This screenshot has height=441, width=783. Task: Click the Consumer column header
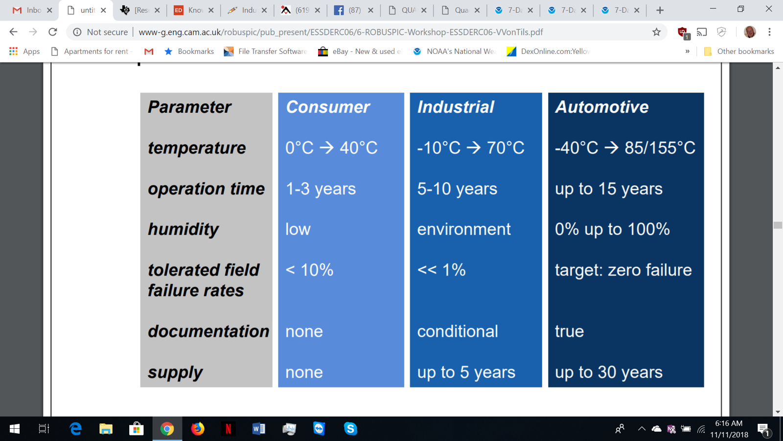[327, 107]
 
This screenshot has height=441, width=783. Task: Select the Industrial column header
[456, 107]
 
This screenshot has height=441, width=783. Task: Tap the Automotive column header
[601, 107]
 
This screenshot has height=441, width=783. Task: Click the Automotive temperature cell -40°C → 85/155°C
[625, 147]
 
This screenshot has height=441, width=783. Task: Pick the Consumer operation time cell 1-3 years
[321, 189]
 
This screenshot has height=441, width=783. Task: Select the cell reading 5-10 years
[457, 189]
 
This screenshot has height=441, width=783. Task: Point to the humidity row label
[183, 230]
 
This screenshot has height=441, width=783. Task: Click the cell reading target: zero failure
[623, 270]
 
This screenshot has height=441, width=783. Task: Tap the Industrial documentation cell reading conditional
[457, 331]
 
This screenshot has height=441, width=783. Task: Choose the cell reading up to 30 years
[609, 372]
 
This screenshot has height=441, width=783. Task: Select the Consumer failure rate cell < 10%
[309, 270]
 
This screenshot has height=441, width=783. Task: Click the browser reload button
[53, 32]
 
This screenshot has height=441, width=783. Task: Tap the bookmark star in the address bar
[656, 32]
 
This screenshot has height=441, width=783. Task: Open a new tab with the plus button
[660, 10]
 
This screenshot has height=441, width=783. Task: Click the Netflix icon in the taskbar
[228, 429]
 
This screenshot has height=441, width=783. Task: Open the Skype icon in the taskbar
[350, 429]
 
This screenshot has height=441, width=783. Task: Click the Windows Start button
[14, 429]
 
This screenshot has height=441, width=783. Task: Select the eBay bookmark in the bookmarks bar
[359, 51]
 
